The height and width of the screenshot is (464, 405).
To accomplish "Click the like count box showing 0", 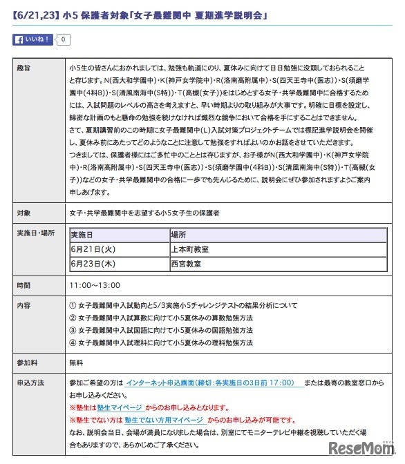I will tap(63, 39).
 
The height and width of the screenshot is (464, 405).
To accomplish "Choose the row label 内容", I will tap(23, 304).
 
